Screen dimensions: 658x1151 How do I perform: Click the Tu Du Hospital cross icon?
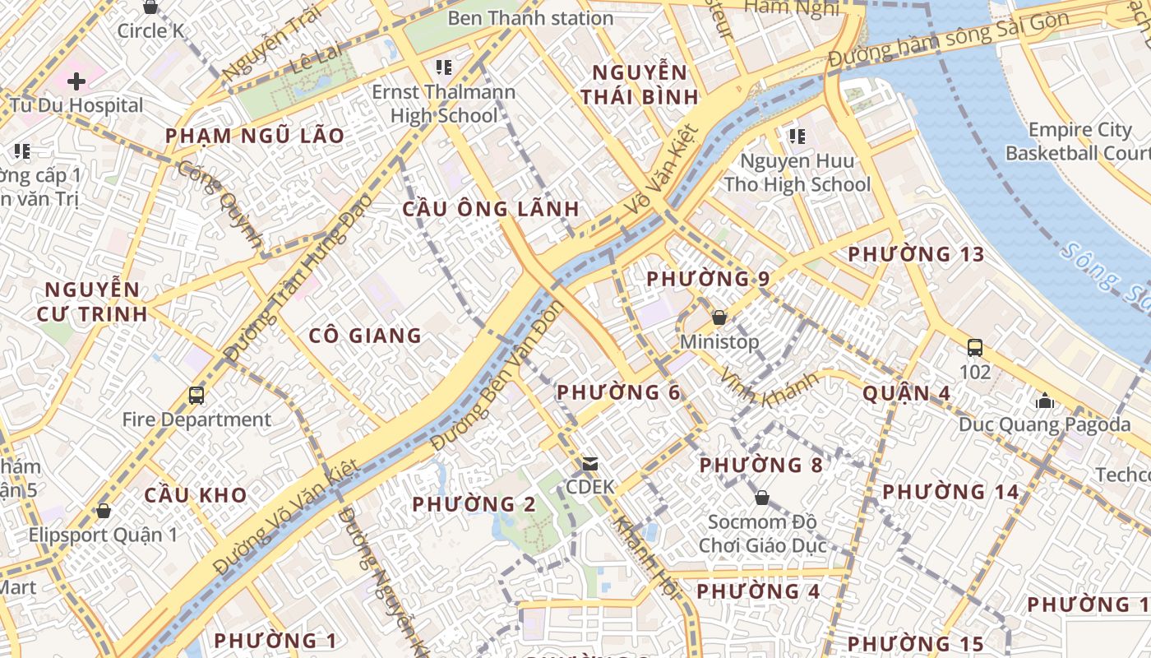(76, 81)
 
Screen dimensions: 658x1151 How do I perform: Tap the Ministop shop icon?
(719, 317)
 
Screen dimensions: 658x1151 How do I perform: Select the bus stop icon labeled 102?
(975, 347)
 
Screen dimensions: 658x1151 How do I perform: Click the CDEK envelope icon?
(590, 464)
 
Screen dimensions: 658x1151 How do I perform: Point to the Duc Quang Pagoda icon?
(1045, 401)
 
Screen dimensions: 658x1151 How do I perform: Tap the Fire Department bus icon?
(196, 396)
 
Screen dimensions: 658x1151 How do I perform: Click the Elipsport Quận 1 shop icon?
(104, 511)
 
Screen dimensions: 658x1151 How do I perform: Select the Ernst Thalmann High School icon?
(444, 67)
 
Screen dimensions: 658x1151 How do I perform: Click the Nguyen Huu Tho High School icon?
(797, 136)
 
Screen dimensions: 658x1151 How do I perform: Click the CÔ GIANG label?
(365, 336)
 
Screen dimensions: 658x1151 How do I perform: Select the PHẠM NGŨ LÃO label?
(255, 137)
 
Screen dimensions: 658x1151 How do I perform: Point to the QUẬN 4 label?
(906, 394)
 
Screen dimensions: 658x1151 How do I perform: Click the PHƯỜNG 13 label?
(916, 254)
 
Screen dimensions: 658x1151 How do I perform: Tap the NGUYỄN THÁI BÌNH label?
(639, 84)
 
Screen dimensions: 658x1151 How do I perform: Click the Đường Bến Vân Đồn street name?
(497, 375)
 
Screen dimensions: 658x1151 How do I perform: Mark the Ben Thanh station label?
(530, 18)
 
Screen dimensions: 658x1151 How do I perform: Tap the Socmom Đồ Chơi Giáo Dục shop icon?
(762, 498)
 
